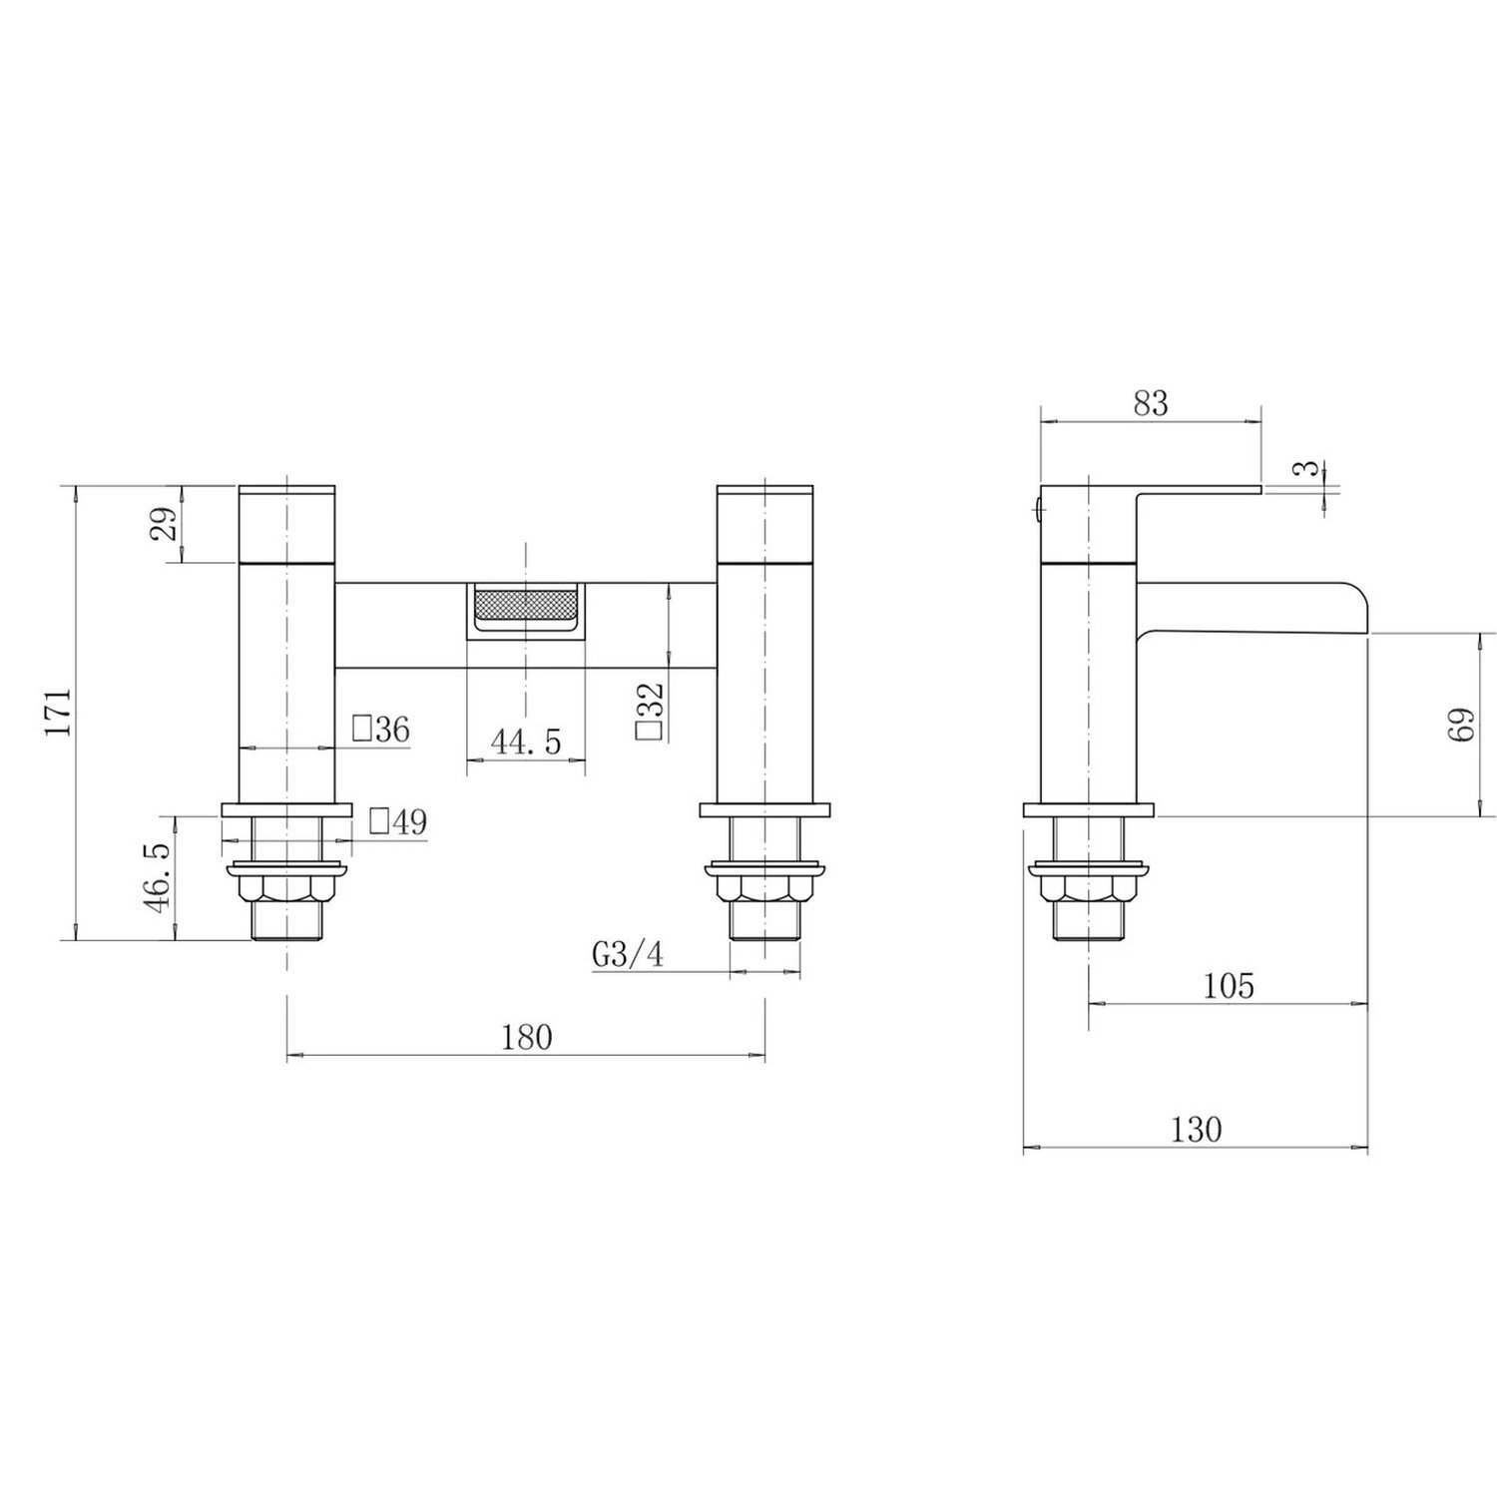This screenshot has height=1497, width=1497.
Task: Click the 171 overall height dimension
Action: coord(59,712)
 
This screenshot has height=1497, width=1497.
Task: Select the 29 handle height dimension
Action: coord(167,523)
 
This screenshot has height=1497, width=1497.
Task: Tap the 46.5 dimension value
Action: coord(160,876)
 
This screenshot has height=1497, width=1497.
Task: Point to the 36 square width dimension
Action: coord(381,730)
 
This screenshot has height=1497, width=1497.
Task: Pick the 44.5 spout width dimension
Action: coord(525,742)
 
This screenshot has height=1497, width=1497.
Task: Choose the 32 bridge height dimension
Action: coord(650,711)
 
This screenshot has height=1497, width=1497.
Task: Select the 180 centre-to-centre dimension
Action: coord(527,1037)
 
